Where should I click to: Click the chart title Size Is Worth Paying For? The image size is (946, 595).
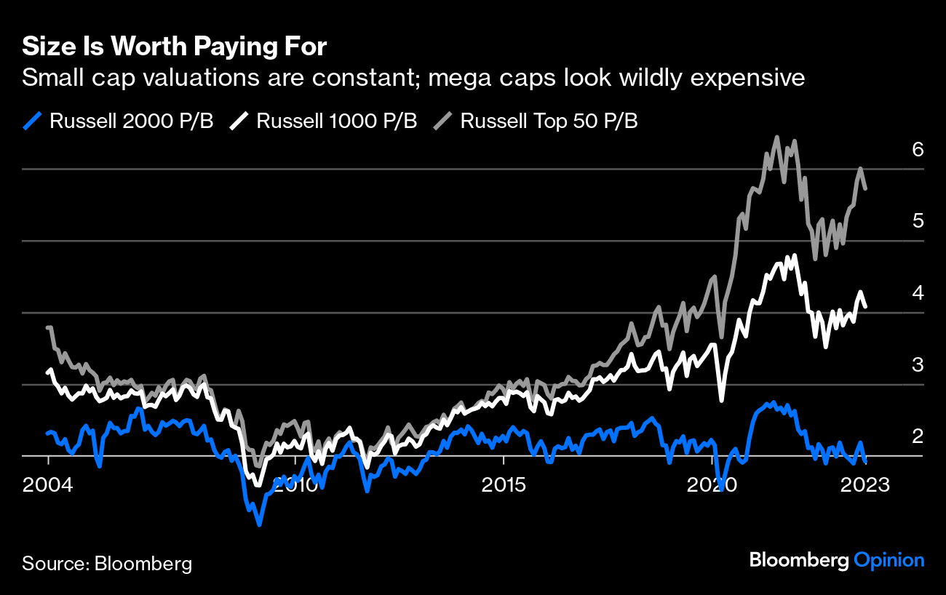click(x=175, y=47)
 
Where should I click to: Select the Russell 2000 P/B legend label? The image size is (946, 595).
click(x=131, y=121)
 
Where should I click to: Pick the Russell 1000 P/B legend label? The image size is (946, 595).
click(x=336, y=121)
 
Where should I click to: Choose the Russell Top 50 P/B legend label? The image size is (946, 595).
click(x=549, y=121)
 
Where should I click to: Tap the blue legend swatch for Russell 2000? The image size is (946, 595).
click(x=32, y=121)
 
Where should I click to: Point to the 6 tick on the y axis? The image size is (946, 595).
click(x=918, y=150)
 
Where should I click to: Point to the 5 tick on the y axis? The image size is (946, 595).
click(x=918, y=221)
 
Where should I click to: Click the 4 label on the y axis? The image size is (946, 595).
click(x=918, y=293)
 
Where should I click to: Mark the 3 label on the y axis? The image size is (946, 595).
click(x=918, y=365)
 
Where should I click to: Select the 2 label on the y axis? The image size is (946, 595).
click(x=918, y=436)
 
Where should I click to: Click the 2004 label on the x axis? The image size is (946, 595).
click(x=49, y=484)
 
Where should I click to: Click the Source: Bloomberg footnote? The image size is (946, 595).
click(x=107, y=563)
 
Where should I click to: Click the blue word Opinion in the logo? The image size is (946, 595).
click(x=889, y=560)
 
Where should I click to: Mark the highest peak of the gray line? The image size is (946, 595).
click(x=776, y=137)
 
